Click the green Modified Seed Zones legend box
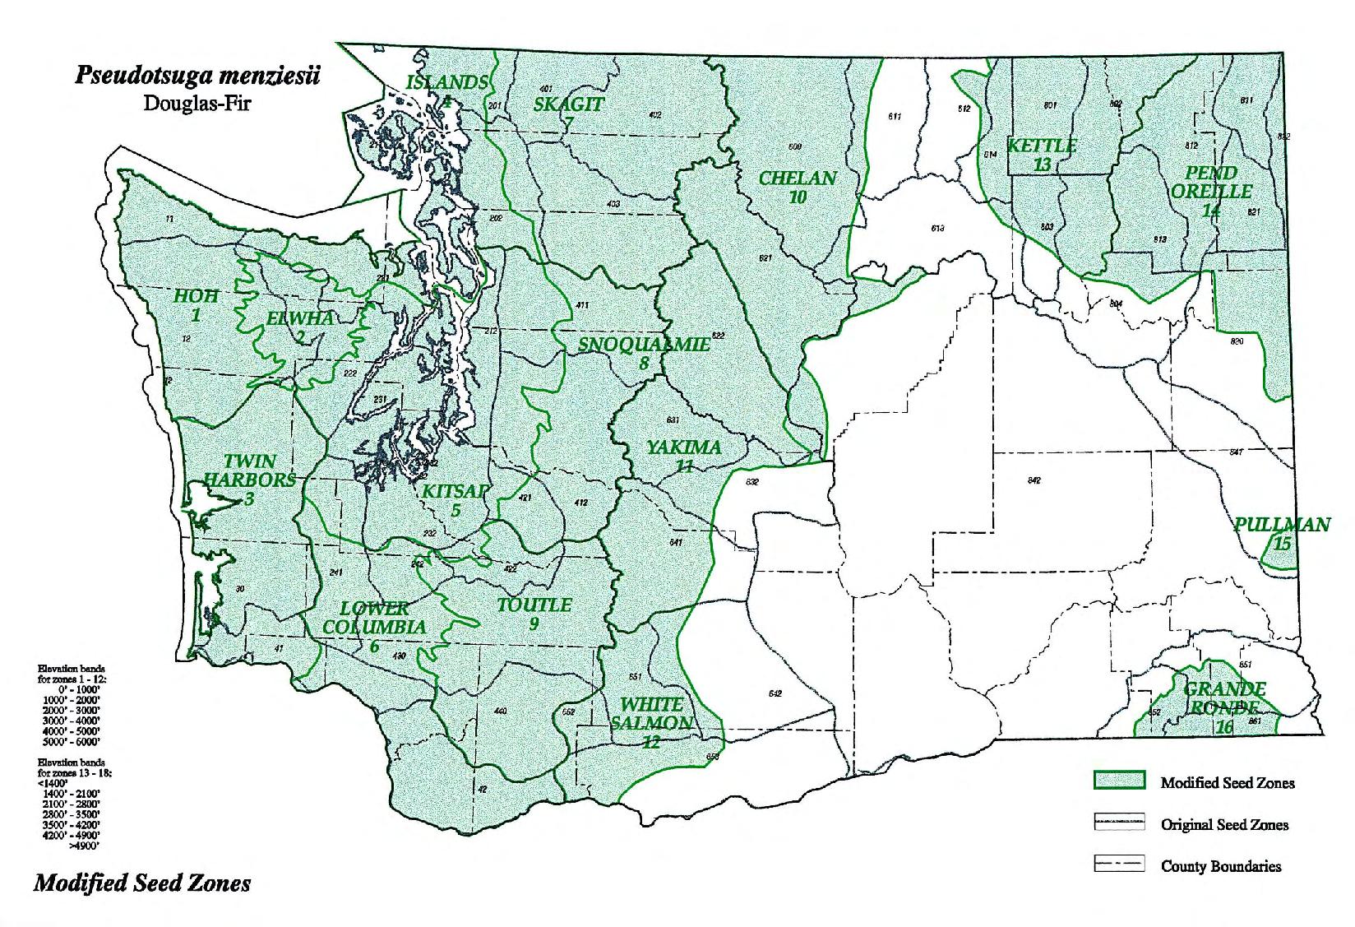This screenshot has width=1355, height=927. click(1119, 781)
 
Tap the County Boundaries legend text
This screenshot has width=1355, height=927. click(1220, 866)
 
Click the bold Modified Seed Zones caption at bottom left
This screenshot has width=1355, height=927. click(142, 883)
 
